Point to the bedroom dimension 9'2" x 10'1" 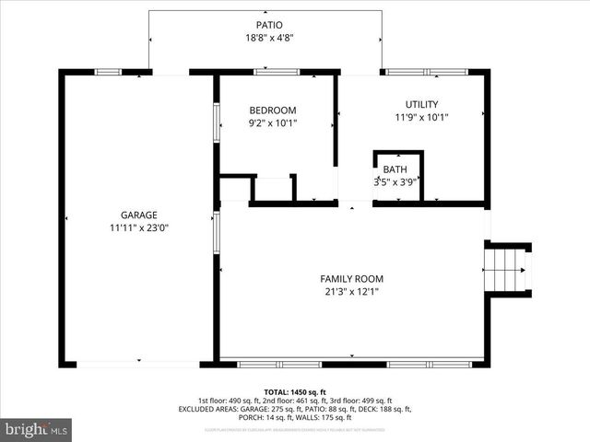pyautogui.click(x=273, y=122)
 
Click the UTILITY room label pyautogui.click(x=421, y=104)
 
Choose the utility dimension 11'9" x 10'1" pyautogui.click(x=421, y=118)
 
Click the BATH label pyautogui.click(x=395, y=169)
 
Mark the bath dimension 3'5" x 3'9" pyautogui.click(x=395, y=182)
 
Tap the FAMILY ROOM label pyautogui.click(x=351, y=278)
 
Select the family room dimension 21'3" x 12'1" pyautogui.click(x=351, y=292)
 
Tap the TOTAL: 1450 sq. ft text pyautogui.click(x=295, y=391)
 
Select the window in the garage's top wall pyautogui.click(x=109, y=71)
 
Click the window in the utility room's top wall pyautogui.click(x=426, y=71)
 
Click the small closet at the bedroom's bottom pyautogui.click(x=273, y=188)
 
